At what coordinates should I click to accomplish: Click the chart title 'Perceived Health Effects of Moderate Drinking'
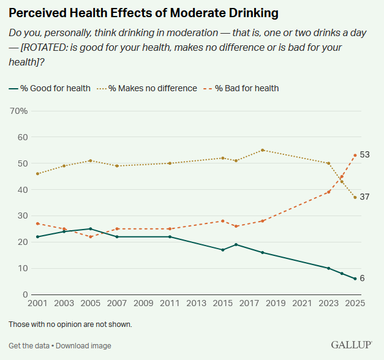point(143,13)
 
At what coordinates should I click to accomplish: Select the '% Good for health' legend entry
point(50,88)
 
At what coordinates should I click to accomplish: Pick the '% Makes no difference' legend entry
point(147,88)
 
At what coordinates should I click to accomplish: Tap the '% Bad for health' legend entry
point(241,88)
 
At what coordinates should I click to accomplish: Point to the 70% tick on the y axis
point(19,111)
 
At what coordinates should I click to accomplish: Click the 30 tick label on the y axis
point(23,216)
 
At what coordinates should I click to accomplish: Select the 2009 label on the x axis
point(143,303)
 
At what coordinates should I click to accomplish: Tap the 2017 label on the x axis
point(249,303)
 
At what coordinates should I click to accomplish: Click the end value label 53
point(364,154)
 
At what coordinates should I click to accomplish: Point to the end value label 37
point(364,197)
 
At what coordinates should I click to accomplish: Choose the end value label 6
point(362,278)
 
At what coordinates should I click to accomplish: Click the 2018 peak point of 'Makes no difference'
point(263,150)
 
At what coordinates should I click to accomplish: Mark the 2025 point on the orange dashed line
point(355,156)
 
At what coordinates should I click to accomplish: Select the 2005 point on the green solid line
point(91,229)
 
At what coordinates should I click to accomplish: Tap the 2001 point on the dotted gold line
point(37,174)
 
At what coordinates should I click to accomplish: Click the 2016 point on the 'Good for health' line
point(236,244)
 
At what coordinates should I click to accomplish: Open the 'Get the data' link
point(29,346)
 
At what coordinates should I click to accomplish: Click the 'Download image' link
point(83,346)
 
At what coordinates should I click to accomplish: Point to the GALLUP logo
point(352,345)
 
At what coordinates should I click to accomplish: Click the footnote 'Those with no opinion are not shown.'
point(70,324)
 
